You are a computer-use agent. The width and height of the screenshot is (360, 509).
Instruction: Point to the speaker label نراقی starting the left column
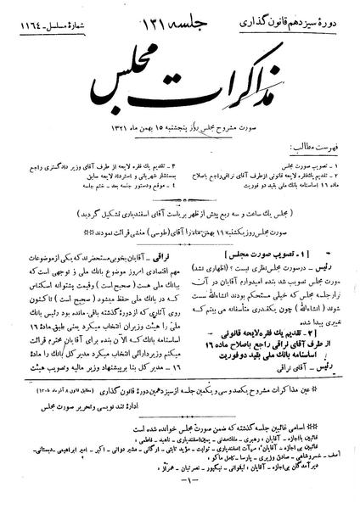[165, 229]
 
